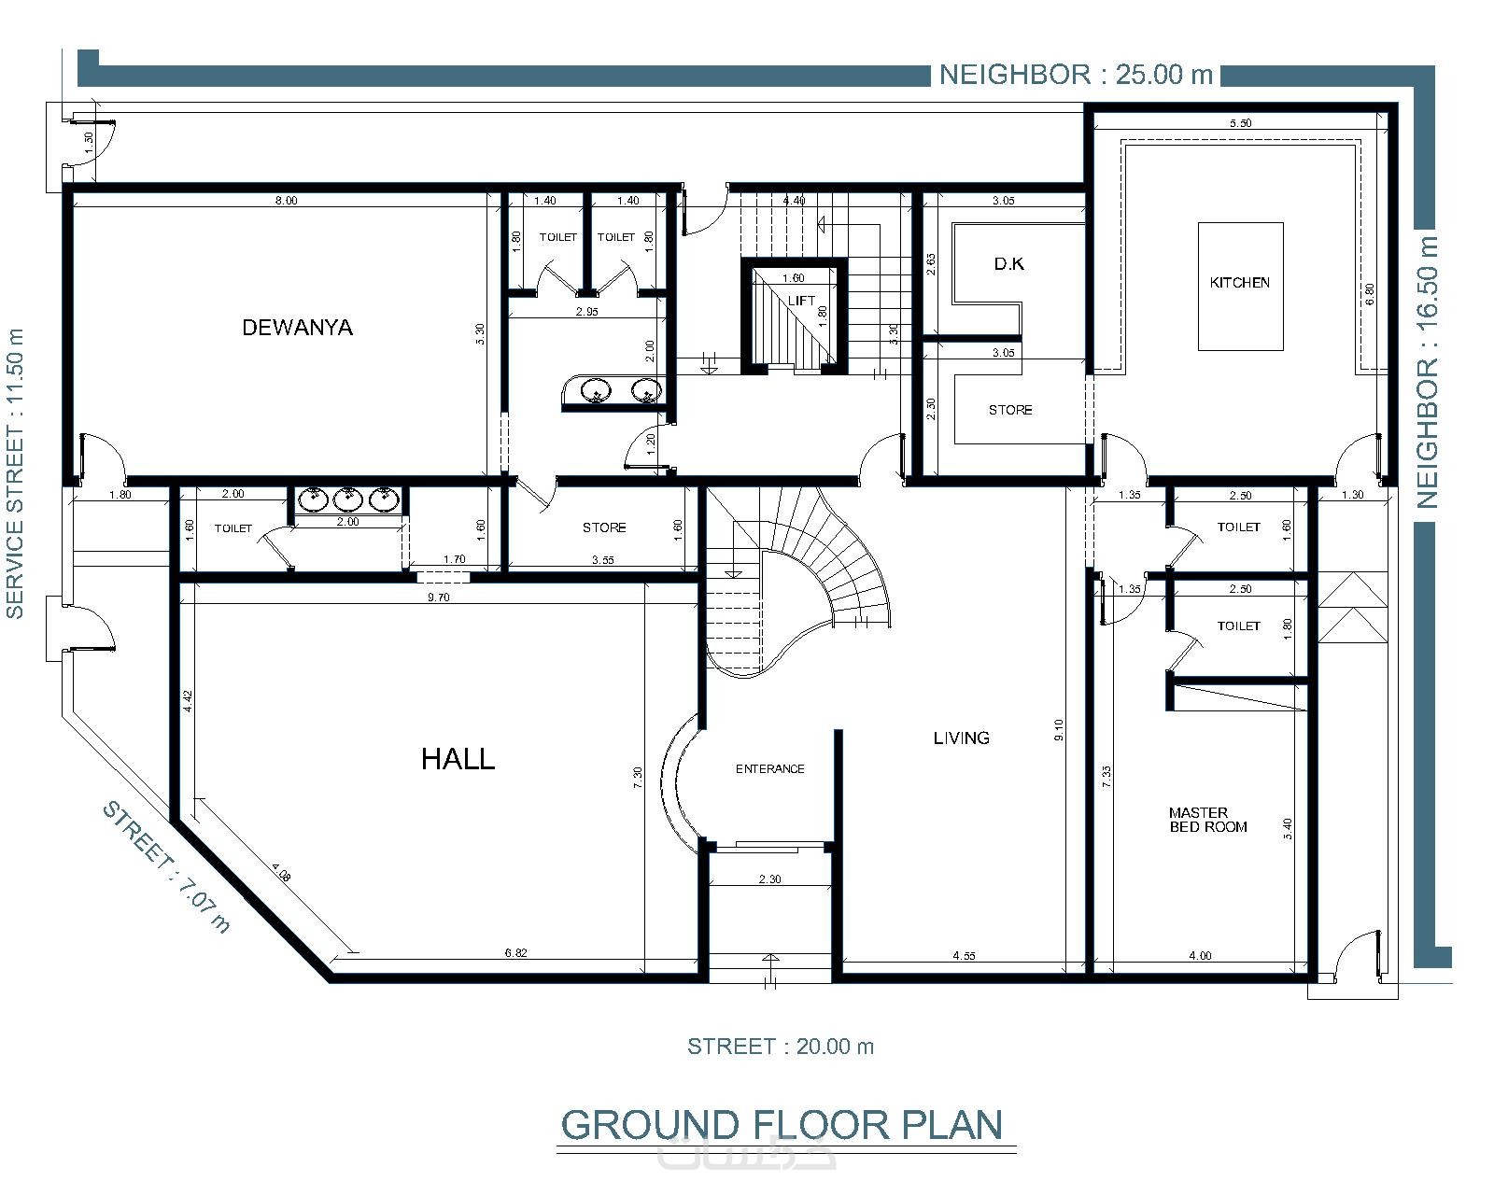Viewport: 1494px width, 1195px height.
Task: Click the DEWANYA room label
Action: pyautogui.click(x=297, y=327)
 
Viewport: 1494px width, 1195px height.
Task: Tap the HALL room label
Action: pyautogui.click(x=458, y=759)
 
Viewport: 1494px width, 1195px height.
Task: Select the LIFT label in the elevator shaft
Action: pyautogui.click(x=801, y=301)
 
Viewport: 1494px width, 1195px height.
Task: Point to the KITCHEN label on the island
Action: pyautogui.click(x=1239, y=283)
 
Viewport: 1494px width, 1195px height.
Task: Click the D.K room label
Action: pyautogui.click(x=1008, y=264)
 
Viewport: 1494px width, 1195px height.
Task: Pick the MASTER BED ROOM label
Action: pyautogui.click(x=1208, y=820)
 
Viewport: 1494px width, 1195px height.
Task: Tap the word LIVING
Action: pyautogui.click(x=962, y=738)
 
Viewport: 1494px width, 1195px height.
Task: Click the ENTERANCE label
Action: pyautogui.click(x=770, y=768)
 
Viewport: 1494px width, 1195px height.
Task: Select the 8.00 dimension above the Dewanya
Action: pyautogui.click(x=286, y=201)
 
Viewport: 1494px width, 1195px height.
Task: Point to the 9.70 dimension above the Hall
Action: pyautogui.click(x=439, y=597)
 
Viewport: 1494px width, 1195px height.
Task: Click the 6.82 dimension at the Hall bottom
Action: pyautogui.click(x=515, y=952)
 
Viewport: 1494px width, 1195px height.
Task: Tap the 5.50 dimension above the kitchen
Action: pyautogui.click(x=1241, y=123)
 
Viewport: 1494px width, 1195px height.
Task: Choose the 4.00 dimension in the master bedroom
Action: pyautogui.click(x=1201, y=955)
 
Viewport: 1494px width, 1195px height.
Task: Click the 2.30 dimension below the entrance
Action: pyautogui.click(x=770, y=879)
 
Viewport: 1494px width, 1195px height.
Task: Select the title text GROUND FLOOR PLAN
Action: pyautogui.click(x=782, y=1125)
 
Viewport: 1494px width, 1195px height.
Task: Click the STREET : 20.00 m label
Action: pyautogui.click(x=781, y=1047)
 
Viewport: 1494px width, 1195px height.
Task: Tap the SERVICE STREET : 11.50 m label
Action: pyautogui.click(x=15, y=473)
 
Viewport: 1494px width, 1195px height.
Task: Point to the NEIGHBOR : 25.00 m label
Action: pyautogui.click(x=1076, y=75)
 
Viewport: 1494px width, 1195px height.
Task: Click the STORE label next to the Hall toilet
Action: pyautogui.click(x=604, y=527)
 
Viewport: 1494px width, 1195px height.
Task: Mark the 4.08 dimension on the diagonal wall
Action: pyautogui.click(x=281, y=872)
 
